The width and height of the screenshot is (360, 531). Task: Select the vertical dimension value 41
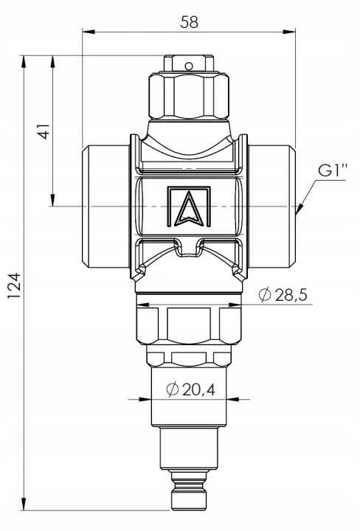[x=42, y=131]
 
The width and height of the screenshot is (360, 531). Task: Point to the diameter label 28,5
[x=289, y=295]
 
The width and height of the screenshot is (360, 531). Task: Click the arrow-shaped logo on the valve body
[x=188, y=206]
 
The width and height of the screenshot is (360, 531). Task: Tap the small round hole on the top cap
[x=189, y=66]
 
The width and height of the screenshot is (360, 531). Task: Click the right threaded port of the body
[x=273, y=206]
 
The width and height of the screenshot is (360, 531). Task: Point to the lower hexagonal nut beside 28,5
[x=189, y=324]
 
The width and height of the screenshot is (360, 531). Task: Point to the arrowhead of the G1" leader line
[x=298, y=212]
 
